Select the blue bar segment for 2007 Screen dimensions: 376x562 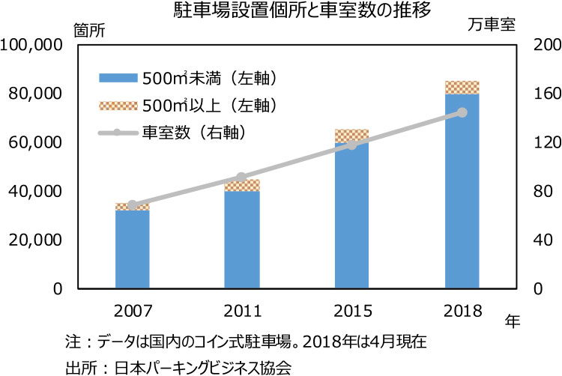click(x=132, y=249)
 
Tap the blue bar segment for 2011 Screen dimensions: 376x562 click(x=242, y=240)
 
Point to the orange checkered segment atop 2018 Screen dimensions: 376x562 click(x=462, y=88)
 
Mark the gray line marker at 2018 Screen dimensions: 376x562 click(x=462, y=112)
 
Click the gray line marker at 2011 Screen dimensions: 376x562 click(x=241, y=178)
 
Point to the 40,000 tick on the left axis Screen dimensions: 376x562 click(x=34, y=191)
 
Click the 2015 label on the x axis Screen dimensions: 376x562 click(x=351, y=310)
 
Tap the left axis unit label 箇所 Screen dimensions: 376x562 click(x=89, y=30)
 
